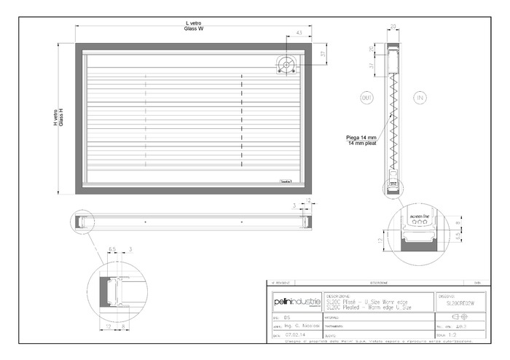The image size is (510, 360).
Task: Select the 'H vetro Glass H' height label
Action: [59, 118]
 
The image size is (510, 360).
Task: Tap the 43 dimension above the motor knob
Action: [299, 33]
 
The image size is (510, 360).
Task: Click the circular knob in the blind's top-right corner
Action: [286, 65]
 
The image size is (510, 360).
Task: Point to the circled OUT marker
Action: [366, 97]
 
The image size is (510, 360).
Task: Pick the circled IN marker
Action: [420, 97]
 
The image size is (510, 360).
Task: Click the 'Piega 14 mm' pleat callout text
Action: [363, 138]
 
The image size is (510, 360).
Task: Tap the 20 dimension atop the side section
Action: [393, 26]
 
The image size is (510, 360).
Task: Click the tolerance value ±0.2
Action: [460, 326]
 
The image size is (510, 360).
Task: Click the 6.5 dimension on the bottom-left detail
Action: [112, 249]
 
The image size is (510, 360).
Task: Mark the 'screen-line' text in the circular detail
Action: [421, 216]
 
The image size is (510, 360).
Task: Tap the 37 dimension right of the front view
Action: [323, 55]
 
